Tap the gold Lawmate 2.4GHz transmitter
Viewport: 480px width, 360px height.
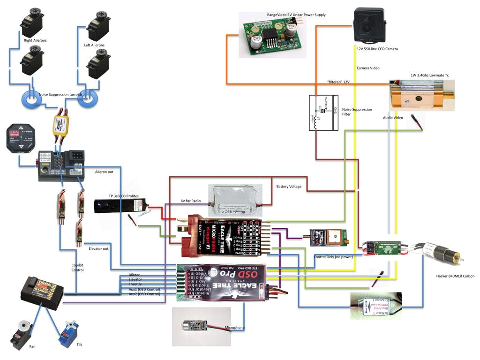(x=421, y=95)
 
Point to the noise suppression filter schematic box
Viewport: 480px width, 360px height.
(x=323, y=112)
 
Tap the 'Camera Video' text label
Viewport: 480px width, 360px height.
(x=368, y=68)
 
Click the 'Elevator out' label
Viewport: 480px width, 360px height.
(x=98, y=248)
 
